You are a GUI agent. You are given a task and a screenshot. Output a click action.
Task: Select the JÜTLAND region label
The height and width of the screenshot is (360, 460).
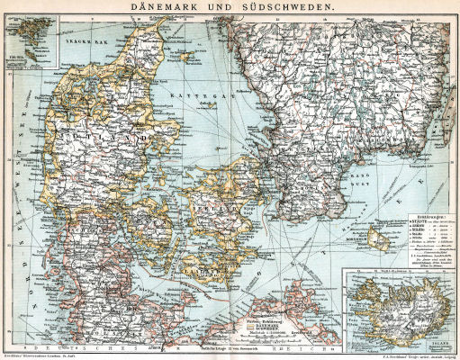90,135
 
